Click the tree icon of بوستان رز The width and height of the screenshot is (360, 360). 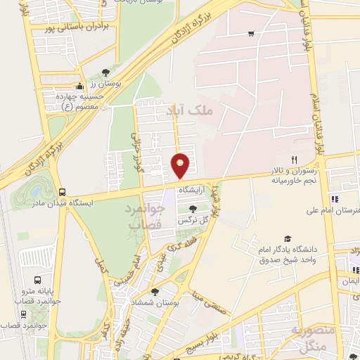tap(105, 72)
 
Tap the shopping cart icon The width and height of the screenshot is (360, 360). tap(251, 34)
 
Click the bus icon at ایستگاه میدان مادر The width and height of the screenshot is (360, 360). tap(63, 191)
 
